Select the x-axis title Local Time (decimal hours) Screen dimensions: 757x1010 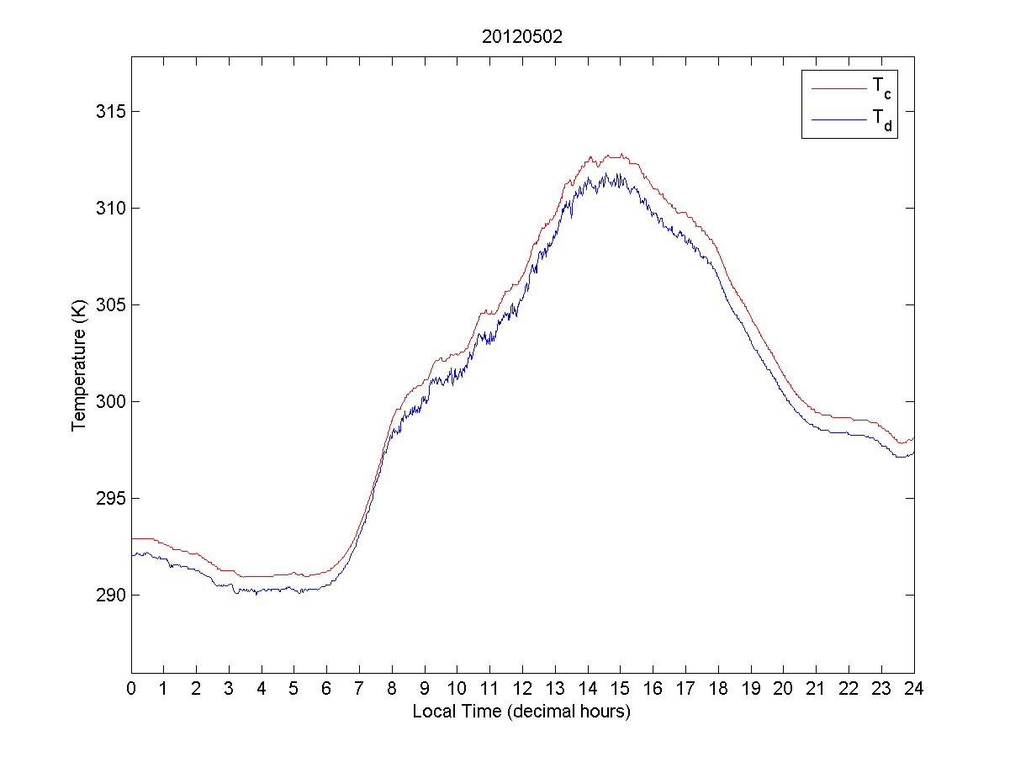click(521, 712)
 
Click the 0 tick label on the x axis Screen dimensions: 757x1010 click(131, 687)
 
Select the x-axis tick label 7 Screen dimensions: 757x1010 click(359, 687)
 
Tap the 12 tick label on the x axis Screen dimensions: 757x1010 click(522, 687)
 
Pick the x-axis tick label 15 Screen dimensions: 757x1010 click(620, 687)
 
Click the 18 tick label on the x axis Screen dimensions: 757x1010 click(718, 687)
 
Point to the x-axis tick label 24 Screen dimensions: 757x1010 click(913, 687)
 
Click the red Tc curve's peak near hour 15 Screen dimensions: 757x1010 click(621, 155)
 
